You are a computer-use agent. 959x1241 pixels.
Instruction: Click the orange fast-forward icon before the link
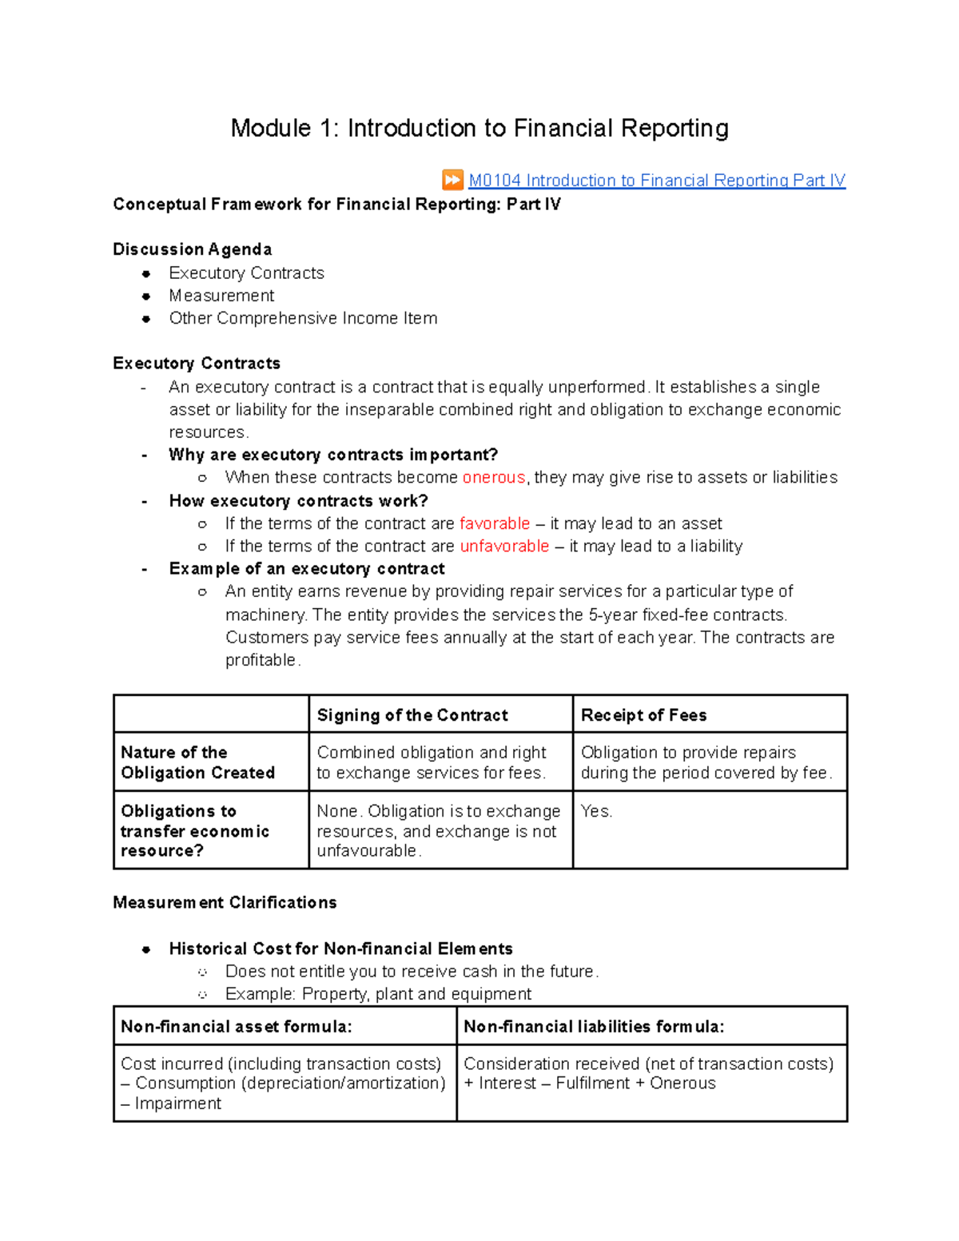pos(452,180)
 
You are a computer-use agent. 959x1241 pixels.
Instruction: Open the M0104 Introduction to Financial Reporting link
pos(656,181)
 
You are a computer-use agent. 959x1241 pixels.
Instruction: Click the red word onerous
pos(493,478)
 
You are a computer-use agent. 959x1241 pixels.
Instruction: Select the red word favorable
pos(495,524)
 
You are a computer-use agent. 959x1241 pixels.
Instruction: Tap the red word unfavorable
pos(504,547)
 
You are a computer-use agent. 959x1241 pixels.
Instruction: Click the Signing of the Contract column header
pos(412,715)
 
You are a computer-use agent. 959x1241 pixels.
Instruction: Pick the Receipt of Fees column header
pos(643,715)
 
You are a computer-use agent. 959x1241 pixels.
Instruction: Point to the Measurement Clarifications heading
pos(225,903)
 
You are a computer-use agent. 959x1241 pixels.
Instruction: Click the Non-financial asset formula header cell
pos(236,1027)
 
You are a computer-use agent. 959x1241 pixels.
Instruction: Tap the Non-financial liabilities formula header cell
pos(594,1027)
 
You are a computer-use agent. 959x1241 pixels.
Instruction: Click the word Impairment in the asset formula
pos(177,1104)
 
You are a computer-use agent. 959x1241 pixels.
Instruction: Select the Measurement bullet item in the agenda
pos(221,296)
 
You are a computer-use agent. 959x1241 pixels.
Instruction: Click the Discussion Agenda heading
pos(192,249)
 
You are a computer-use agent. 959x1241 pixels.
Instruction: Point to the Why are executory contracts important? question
pos(333,455)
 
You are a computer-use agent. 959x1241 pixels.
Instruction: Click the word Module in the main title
pos(270,128)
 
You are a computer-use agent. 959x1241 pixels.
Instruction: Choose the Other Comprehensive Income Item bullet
pos(303,318)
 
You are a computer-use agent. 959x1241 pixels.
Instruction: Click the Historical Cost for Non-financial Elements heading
pos(340,949)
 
